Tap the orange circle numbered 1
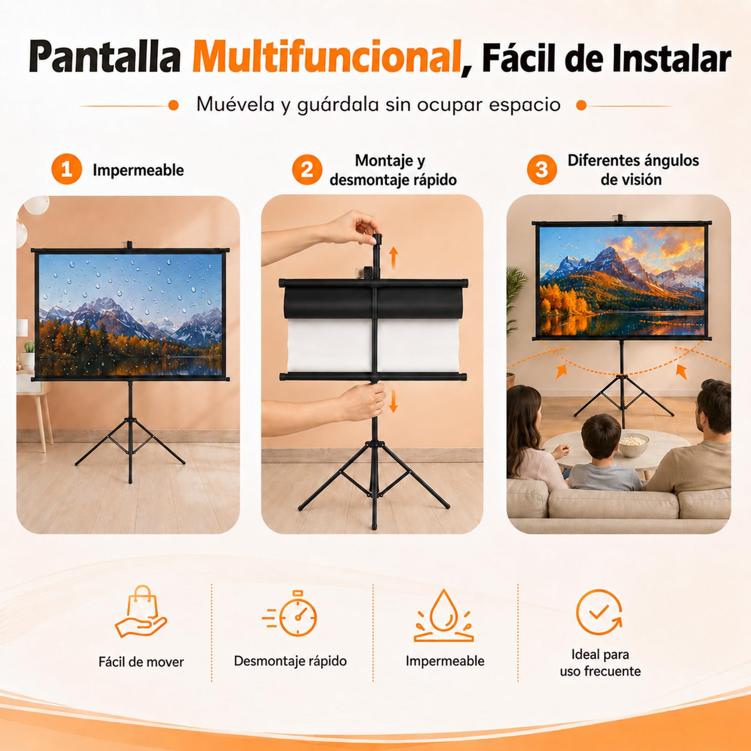pyautogui.click(x=67, y=169)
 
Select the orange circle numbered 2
pyautogui.click(x=307, y=169)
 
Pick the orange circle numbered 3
pyautogui.click(x=542, y=169)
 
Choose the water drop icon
pyautogui.click(x=444, y=615)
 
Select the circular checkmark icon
pyautogui.click(x=599, y=613)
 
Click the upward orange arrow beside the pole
pyautogui.click(x=393, y=258)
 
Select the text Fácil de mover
pyautogui.click(x=141, y=662)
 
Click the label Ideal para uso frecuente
pyautogui.click(x=600, y=663)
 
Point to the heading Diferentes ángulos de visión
pyautogui.click(x=633, y=169)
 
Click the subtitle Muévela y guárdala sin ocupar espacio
pyautogui.click(x=378, y=105)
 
